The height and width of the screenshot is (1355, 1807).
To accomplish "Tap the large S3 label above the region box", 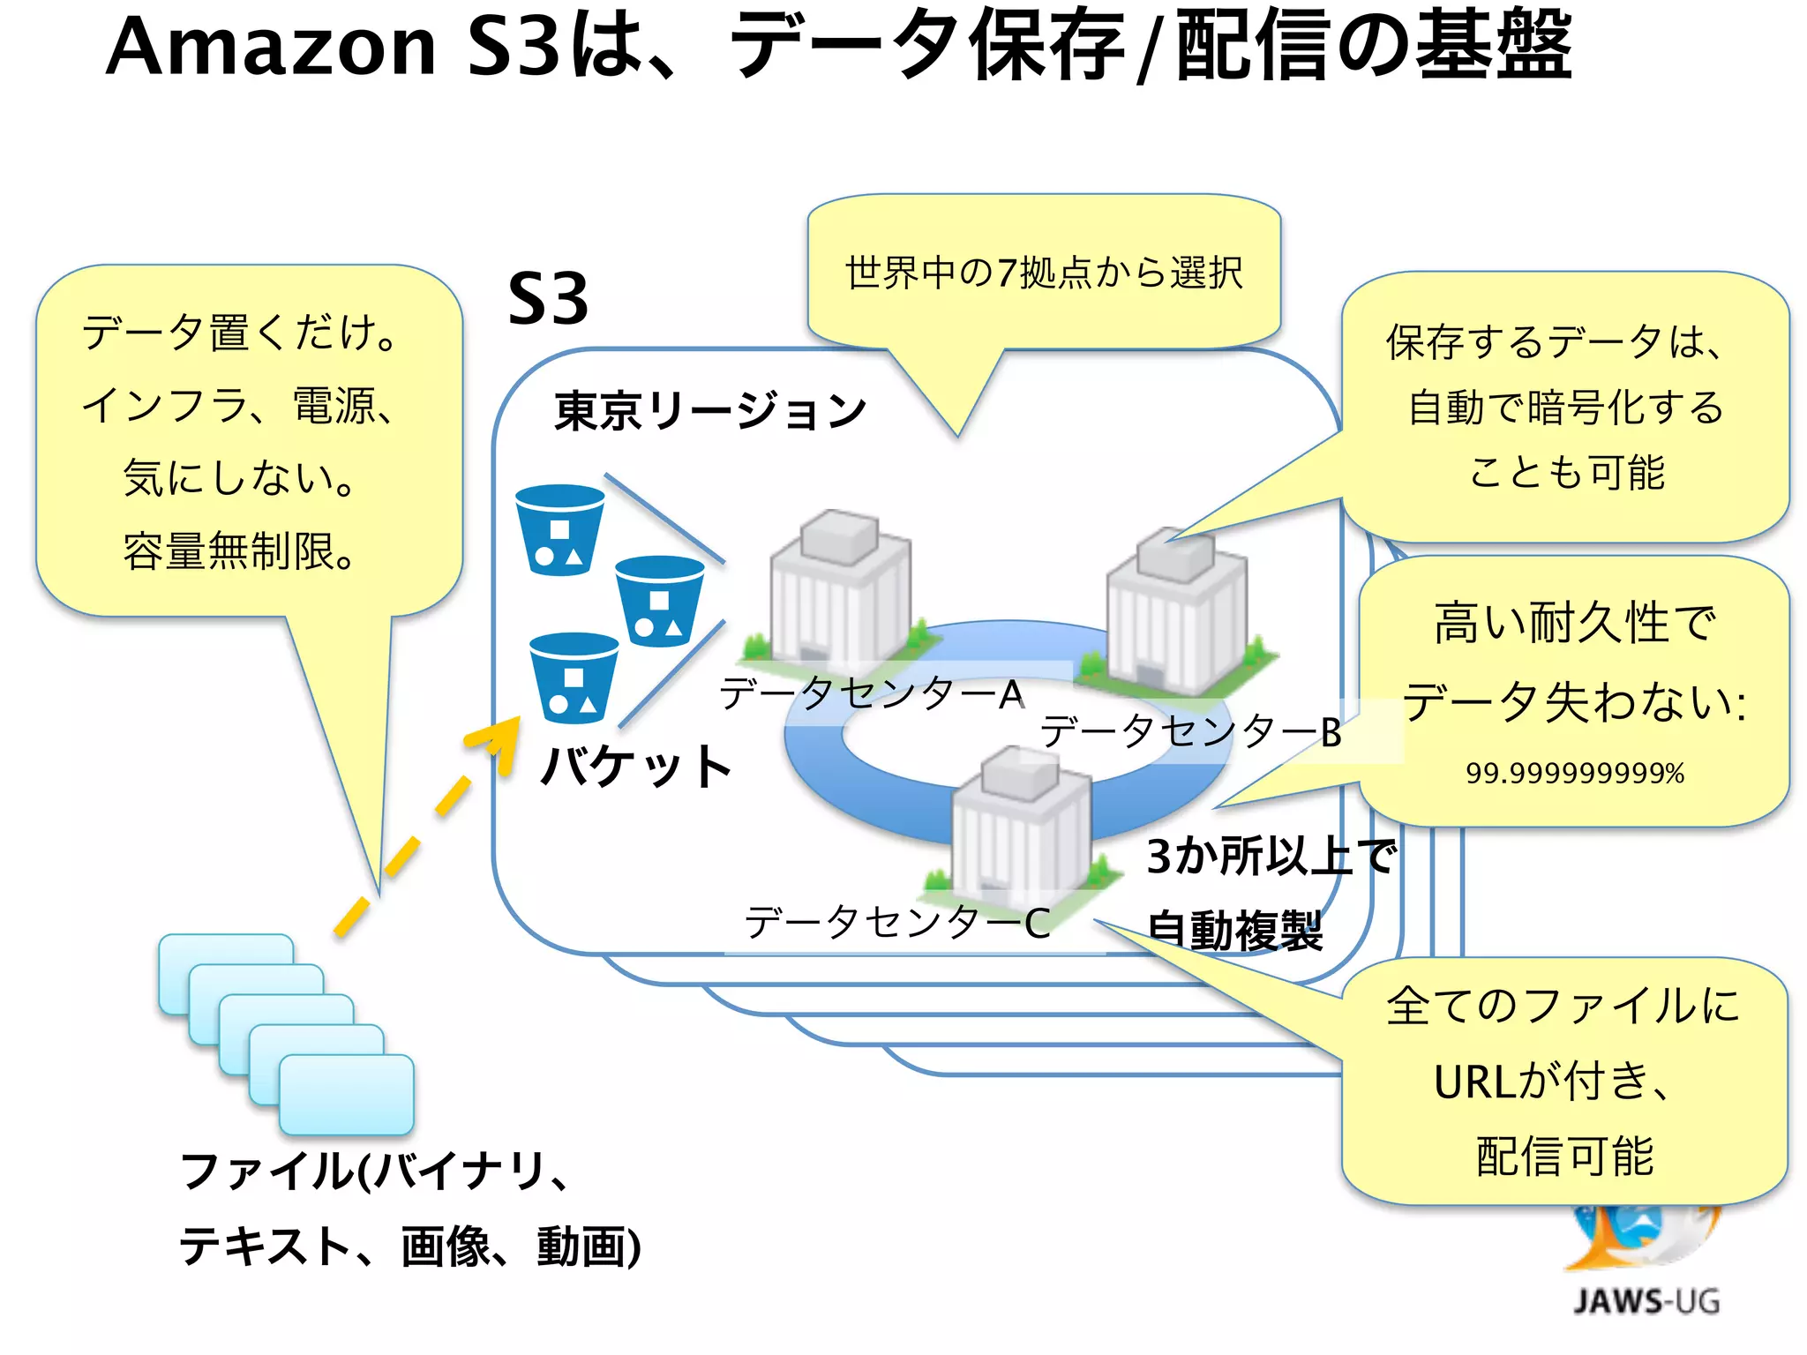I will coord(548,299).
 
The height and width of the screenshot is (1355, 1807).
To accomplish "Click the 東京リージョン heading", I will coord(710,411).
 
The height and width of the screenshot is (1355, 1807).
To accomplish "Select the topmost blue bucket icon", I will coord(559,529).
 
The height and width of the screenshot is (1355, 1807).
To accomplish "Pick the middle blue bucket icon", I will coord(659,601).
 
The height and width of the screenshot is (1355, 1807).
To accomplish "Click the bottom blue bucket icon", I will coord(574,677).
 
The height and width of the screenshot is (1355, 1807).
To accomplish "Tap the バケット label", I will coord(636,766).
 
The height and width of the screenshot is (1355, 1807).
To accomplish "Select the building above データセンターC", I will coord(1021,825).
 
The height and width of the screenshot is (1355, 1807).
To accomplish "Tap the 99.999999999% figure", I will coord(1575,774).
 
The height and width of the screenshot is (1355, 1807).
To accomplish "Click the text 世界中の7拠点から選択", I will coord(1044,273).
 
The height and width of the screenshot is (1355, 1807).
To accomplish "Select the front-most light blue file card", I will coord(347,1095).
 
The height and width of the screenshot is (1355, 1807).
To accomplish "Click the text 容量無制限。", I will coord(239,551).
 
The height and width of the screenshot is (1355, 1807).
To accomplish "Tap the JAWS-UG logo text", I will coord(1646,1301).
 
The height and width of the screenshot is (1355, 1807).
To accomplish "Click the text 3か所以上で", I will coord(1271,856).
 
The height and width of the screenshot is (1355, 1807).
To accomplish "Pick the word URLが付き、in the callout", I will coord(1553,1082).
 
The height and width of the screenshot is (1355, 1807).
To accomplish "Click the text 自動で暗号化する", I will coord(1566,408).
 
